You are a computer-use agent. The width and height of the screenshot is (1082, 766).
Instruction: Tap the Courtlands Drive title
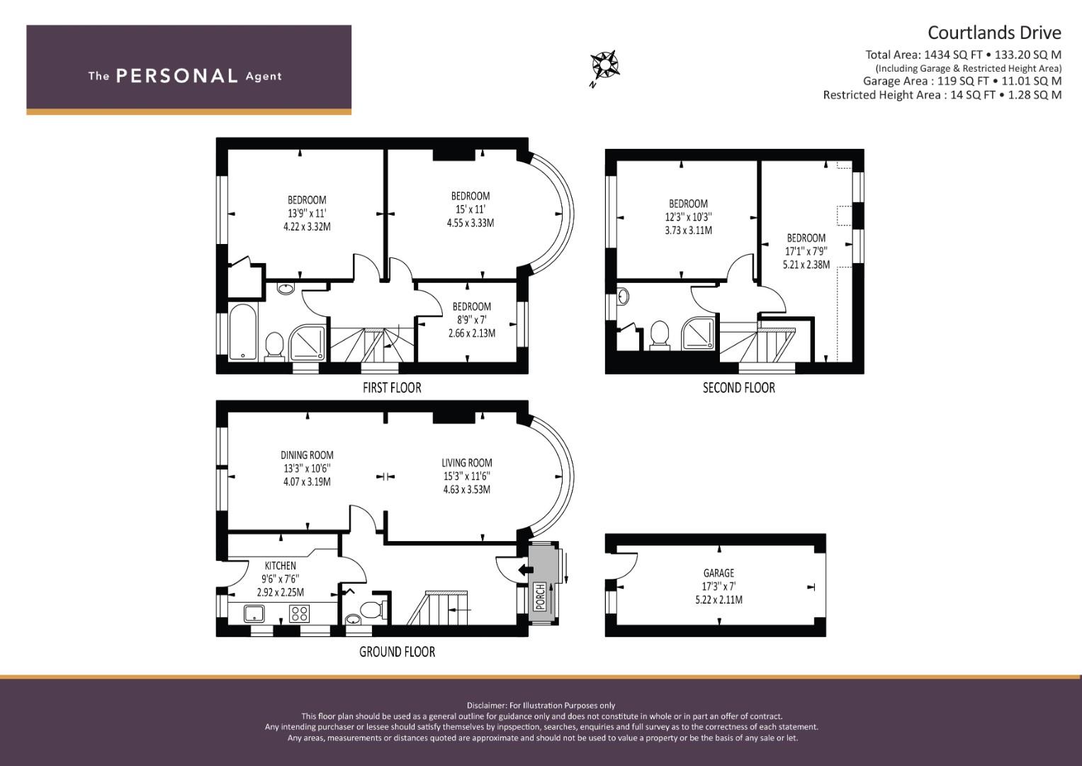[x=994, y=33]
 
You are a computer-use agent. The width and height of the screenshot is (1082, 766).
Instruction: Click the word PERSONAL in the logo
[x=177, y=76]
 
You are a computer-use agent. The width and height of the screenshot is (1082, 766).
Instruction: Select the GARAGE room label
[x=718, y=573]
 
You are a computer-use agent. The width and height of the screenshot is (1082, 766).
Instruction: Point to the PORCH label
[x=540, y=596]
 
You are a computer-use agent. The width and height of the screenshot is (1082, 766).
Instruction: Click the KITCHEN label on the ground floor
[x=280, y=565]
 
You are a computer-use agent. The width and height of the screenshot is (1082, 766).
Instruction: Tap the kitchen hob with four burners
[x=299, y=614]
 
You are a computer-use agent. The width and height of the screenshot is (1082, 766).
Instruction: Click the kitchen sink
[x=254, y=614]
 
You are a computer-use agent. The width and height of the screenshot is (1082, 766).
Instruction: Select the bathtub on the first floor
[x=243, y=332]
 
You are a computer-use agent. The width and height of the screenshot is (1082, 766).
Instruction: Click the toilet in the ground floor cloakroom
[x=373, y=609]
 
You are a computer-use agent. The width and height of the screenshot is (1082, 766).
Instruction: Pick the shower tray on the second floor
[x=698, y=333]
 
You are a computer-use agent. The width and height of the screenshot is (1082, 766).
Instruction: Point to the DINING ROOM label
[x=308, y=455]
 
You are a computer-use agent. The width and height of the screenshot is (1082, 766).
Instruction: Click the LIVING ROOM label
[x=467, y=462]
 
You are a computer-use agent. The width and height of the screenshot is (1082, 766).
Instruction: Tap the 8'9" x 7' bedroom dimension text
[x=471, y=320]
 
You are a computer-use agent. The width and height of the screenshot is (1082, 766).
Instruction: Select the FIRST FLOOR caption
[x=392, y=388]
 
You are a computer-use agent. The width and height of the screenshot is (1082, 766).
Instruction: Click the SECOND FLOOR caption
[x=738, y=388]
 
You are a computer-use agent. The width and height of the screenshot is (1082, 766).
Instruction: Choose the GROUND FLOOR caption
[x=397, y=652]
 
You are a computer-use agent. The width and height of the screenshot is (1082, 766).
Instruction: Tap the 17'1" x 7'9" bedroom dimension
[x=806, y=252]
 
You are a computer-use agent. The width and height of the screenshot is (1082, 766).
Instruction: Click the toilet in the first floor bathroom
[x=274, y=346]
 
